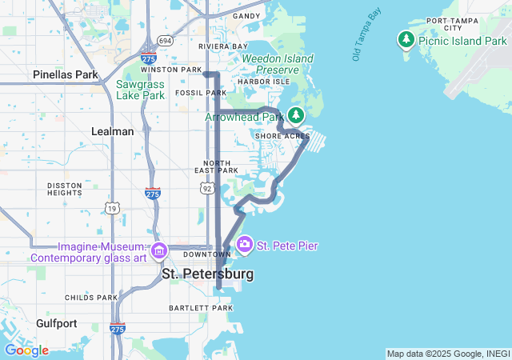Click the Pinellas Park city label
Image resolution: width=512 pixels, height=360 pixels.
tap(66, 74)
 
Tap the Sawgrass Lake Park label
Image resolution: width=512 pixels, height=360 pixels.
tap(140, 90)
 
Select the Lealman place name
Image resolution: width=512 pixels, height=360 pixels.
tap(113, 131)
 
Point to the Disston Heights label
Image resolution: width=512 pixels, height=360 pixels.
tap(64, 188)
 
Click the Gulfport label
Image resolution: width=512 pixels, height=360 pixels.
tap(56, 323)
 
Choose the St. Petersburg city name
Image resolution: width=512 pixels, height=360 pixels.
tap(207, 274)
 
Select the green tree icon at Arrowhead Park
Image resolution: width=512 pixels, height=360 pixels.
tap(296, 116)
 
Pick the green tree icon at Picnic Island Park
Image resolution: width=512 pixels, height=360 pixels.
tap(406, 39)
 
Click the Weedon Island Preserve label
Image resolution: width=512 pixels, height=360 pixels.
tap(270, 64)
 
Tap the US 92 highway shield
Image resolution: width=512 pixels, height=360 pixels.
tap(207, 187)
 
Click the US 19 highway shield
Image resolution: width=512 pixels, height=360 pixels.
tap(110, 208)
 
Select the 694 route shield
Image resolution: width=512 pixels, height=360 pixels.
tap(165, 40)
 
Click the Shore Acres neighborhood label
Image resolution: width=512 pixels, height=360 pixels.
tap(282, 136)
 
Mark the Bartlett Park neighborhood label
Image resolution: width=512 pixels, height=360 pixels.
tap(200, 308)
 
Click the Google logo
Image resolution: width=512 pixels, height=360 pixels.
tap(26, 350)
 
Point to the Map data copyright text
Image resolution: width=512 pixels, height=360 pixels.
tap(448, 354)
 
